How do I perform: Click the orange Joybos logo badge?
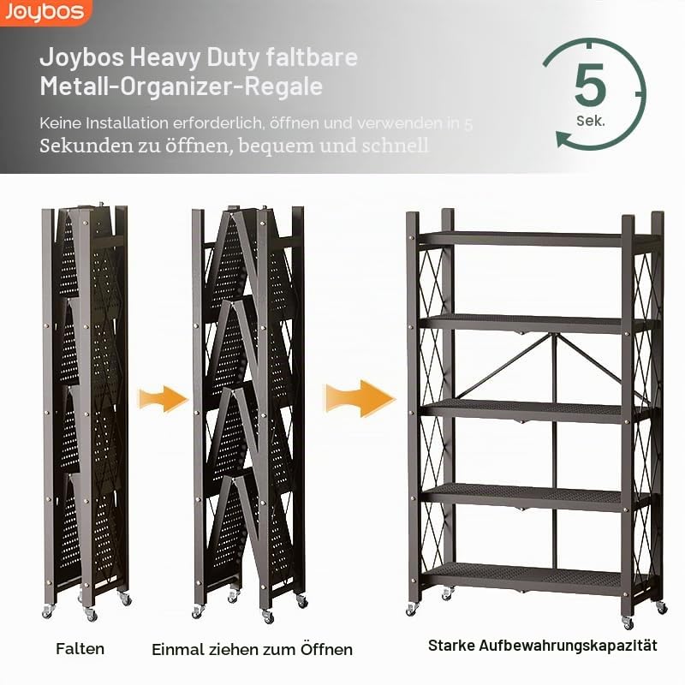coord(45,12)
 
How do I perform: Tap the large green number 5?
coord(590,85)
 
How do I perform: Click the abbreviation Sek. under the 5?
coord(591,121)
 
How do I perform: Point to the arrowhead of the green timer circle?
coord(563,140)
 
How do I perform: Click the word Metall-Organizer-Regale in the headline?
coord(182,86)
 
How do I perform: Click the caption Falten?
coord(80,649)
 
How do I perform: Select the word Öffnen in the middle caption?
coord(326,649)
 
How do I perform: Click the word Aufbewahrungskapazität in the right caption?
coord(568,646)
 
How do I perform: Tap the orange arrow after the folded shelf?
coord(163,398)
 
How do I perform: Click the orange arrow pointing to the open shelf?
coord(360,398)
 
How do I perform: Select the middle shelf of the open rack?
coord(535,411)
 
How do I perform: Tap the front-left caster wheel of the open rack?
coord(412,609)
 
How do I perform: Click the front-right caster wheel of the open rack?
coord(628,622)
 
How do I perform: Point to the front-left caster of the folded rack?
coord(47,611)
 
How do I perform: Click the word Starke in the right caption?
coord(451,646)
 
